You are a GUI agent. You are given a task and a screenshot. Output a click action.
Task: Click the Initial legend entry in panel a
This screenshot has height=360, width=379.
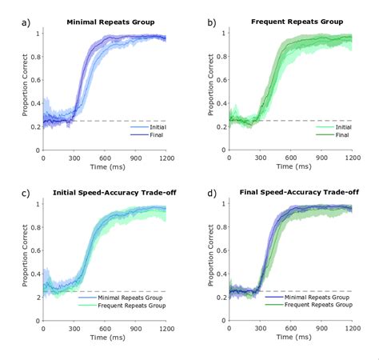click(x=149, y=127)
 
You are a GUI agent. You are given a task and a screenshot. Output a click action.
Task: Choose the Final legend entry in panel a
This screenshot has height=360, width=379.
click(x=147, y=135)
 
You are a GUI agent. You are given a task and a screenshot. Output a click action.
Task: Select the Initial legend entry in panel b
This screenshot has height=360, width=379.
click(x=335, y=127)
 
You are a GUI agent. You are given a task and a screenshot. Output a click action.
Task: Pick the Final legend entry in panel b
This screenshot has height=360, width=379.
click(x=333, y=135)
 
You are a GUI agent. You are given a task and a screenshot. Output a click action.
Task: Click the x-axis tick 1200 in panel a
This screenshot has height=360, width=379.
click(x=166, y=157)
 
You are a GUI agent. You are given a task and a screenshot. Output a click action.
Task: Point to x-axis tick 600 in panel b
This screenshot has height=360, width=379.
click(x=290, y=157)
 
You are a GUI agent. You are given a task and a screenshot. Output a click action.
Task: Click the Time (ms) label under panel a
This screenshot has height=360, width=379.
click(x=105, y=168)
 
